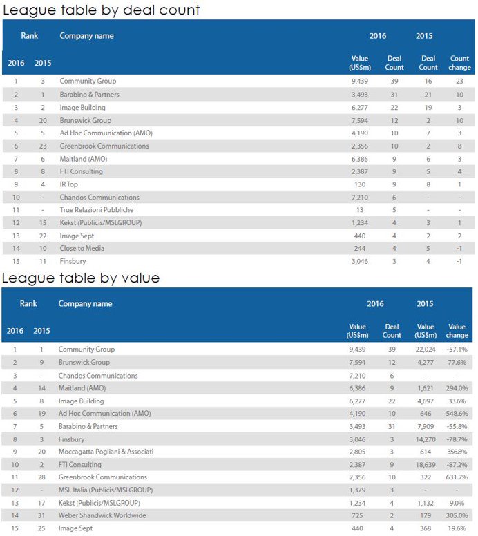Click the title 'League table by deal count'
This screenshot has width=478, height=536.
[x=102, y=10]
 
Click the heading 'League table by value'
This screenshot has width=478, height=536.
[x=81, y=278]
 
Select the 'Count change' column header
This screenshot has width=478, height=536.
[x=459, y=63]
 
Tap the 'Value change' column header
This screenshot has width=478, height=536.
[x=457, y=331]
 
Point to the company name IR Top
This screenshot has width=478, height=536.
[x=70, y=184]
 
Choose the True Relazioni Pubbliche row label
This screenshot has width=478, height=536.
[x=97, y=210]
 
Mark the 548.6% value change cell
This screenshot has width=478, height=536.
[x=457, y=414]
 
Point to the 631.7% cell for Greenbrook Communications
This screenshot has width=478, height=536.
[x=457, y=477]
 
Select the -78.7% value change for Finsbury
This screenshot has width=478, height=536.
[x=457, y=439]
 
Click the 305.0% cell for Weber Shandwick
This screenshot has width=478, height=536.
[x=457, y=516]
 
